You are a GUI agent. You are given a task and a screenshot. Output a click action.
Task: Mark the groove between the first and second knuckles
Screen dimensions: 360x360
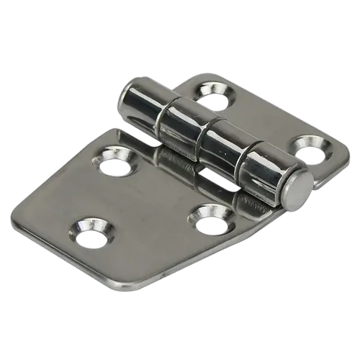point(164,118)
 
